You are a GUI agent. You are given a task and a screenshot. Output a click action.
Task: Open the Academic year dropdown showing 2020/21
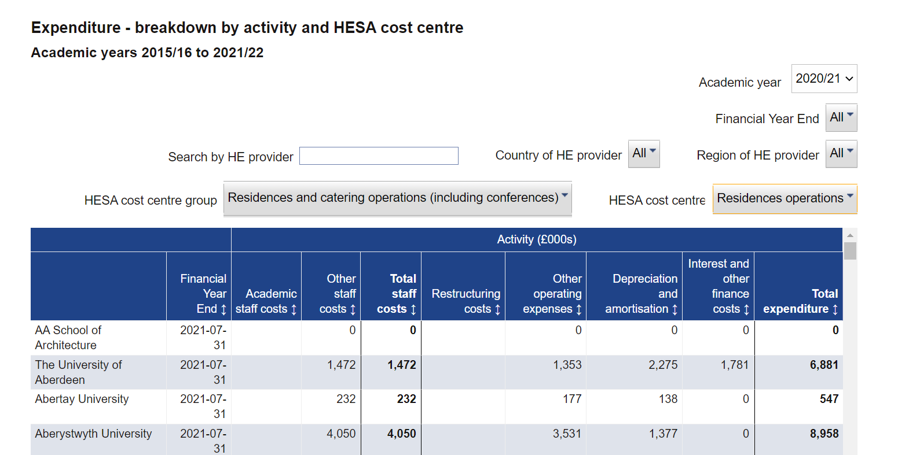(x=824, y=79)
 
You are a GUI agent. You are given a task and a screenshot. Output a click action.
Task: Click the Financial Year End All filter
(x=841, y=117)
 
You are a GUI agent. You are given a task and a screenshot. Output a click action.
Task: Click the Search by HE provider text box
(x=379, y=156)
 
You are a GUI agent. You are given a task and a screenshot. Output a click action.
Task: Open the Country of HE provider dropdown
(x=644, y=154)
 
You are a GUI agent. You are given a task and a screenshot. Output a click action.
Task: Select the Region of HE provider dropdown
(x=841, y=154)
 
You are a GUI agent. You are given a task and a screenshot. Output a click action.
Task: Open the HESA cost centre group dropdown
(x=398, y=198)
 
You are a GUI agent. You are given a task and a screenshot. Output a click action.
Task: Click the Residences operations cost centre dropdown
(x=785, y=198)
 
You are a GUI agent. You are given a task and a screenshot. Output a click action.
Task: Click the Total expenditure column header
(x=800, y=301)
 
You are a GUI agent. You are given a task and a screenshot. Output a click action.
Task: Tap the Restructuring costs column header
(x=466, y=301)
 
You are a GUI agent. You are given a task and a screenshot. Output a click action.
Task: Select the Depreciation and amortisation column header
(x=641, y=294)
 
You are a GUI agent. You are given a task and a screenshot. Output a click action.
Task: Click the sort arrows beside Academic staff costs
(x=294, y=309)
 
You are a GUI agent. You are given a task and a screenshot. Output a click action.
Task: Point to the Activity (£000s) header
(x=537, y=239)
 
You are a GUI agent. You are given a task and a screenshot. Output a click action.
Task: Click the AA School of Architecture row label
(x=68, y=338)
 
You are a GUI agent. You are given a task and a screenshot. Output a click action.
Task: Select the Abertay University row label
(x=82, y=399)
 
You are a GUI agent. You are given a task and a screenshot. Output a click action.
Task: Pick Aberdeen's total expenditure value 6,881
(x=824, y=365)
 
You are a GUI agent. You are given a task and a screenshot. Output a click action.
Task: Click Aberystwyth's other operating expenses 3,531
(x=567, y=434)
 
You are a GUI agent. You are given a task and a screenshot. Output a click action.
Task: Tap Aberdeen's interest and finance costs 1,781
(x=734, y=365)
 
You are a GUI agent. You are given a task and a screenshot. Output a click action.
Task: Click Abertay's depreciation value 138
(x=668, y=399)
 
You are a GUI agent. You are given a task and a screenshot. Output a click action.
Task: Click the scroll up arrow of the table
(x=850, y=235)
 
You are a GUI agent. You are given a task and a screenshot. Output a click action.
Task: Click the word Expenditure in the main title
(x=76, y=28)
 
